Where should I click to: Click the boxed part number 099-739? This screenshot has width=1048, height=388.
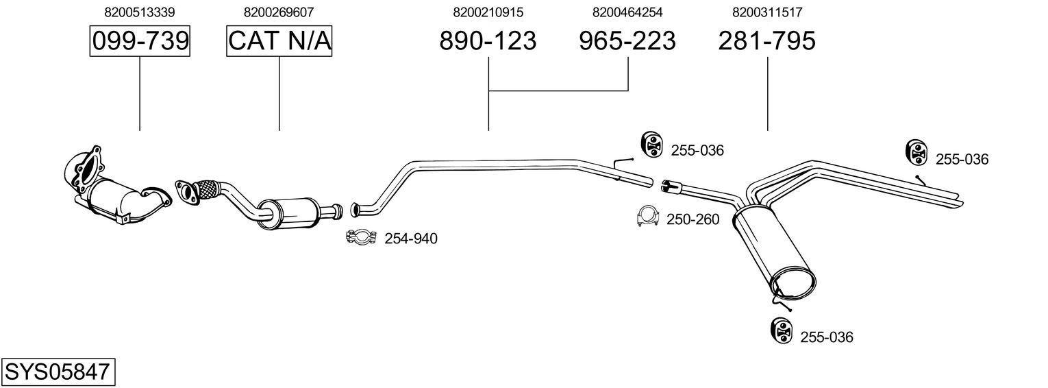pyautogui.click(x=140, y=41)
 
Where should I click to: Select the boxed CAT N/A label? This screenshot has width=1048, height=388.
pyautogui.click(x=279, y=41)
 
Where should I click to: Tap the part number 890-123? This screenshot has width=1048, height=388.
pyautogui.click(x=488, y=41)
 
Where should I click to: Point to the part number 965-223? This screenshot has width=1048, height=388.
pyautogui.click(x=627, y=41)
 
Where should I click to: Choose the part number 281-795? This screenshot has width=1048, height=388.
pyautogui.click(x=767, y=41)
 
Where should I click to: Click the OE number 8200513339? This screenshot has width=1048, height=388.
pyautogui.click(x=140, y=12)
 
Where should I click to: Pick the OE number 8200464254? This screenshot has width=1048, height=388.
pyautogui.click(x=627, y=12)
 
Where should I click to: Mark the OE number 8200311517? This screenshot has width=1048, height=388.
pyautogui.click(x=767, y=12)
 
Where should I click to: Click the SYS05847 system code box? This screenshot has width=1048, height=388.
pyautogui.click(x=58, y=372)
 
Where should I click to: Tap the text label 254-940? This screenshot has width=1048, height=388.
pyautogui.click(x=410, y=239)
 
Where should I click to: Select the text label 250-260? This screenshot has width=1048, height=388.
pyautogui.click(x=693, y=219)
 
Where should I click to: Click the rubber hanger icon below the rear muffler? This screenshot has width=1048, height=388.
pyautogui.click(x=781, y=330)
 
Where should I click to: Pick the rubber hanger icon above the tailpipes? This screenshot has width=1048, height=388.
pyautogui.click(x=916, y=152)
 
